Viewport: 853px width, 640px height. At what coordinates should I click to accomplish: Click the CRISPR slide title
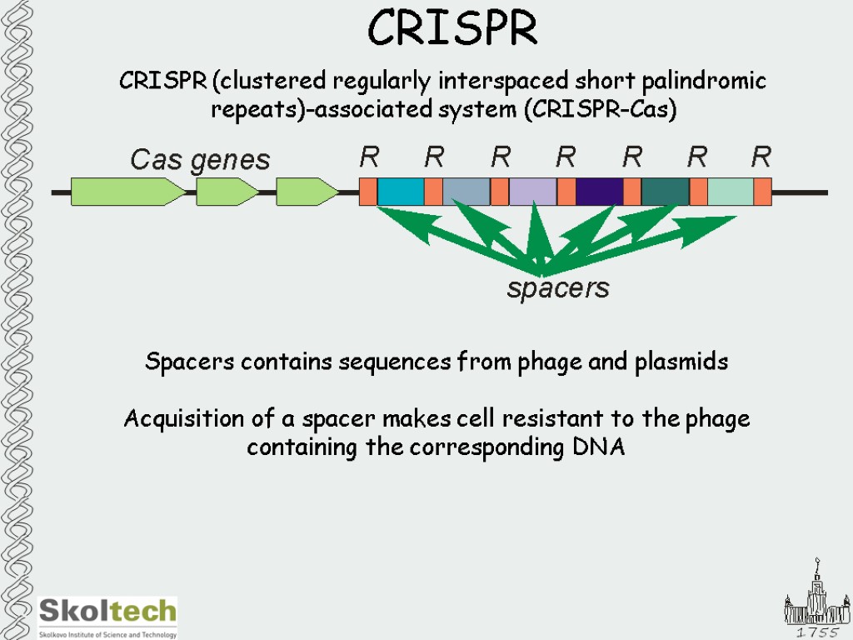pyautogui.click(x=452, y=27)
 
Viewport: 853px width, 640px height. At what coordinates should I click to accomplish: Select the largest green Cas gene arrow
pyautogui.click(x=128, y=192)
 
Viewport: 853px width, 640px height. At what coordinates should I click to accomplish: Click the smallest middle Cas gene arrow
pyautogui.click(x=227, y=192)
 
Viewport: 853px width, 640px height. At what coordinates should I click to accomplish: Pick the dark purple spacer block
pyautogui.click(x=600, y=192)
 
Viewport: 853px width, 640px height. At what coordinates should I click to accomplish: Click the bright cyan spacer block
pyautogui.click(x=401, y=192)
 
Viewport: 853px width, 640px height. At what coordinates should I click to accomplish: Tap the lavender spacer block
pyautogui.click(x=533, y=192)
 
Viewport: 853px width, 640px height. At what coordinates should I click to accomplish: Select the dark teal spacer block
pyautogui.click(x=666, y=192)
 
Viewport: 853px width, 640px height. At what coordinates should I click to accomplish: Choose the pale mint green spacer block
pyautogui.click(x=731, y=192)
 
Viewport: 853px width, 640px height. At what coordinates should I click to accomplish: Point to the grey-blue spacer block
pyautogui.click(x=466, y=192)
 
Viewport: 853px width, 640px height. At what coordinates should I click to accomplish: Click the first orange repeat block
pyautogui.click(x=367, y=192)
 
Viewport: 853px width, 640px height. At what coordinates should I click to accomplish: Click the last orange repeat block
pyautogui.click(x=763, y=192)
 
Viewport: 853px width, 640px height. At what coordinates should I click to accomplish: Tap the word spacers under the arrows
pyautogui.click(x=558, y=288)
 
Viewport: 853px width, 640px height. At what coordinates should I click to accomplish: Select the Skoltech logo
pyautogui.click(x=107, y=617)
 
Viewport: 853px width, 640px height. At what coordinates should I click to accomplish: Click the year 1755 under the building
pyautogui.click(x=817, y=632)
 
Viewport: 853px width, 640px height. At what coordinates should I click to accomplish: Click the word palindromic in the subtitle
pyautogui.click(x=704, y=82)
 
